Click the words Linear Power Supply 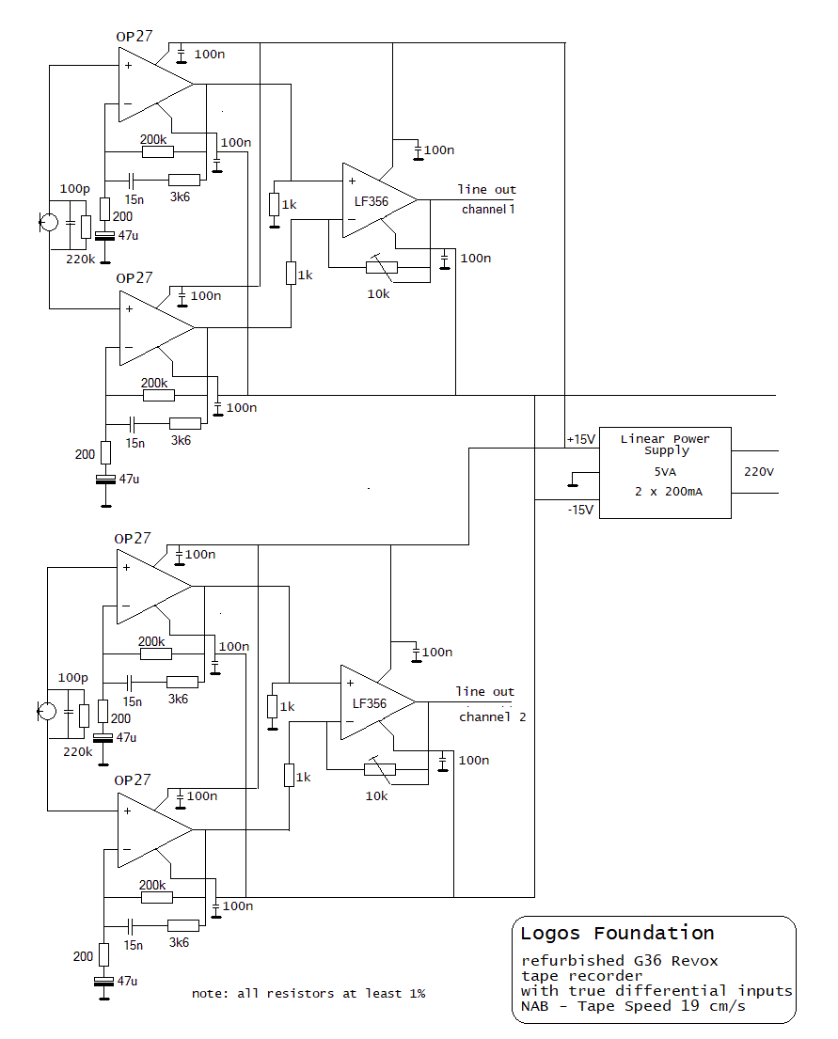(665, 444)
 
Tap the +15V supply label (580, 439)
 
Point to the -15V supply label (580, 510)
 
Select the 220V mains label (758, 472)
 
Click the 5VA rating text (665, 472)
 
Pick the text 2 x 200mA (669, 492)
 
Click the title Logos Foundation (617, 933)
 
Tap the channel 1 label (488, 210)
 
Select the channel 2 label (493, 717)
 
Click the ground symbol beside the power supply (573, 481)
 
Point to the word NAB (534, 1006)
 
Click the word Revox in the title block (694, 961)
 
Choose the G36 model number (648, 961)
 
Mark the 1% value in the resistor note (417, 993)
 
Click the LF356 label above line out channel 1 (372, 201)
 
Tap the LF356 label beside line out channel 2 (370, 703)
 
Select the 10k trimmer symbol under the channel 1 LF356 (382, 267)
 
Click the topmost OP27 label (134, 37)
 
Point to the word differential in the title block (671, 991)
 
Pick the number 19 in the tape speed (689, 1006)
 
